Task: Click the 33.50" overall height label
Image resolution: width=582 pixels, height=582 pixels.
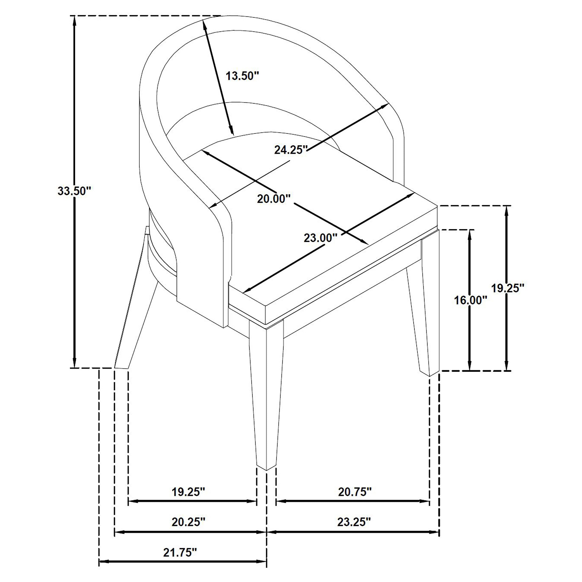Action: pos(74,191)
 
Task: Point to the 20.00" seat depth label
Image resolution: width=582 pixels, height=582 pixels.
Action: pos(274,199)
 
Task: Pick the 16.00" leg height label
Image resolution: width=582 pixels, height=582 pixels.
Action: pos(470,300)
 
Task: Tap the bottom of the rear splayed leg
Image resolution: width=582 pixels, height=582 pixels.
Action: pos(121,368)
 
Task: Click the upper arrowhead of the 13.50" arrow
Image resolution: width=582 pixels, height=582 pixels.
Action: pos(205,23)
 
